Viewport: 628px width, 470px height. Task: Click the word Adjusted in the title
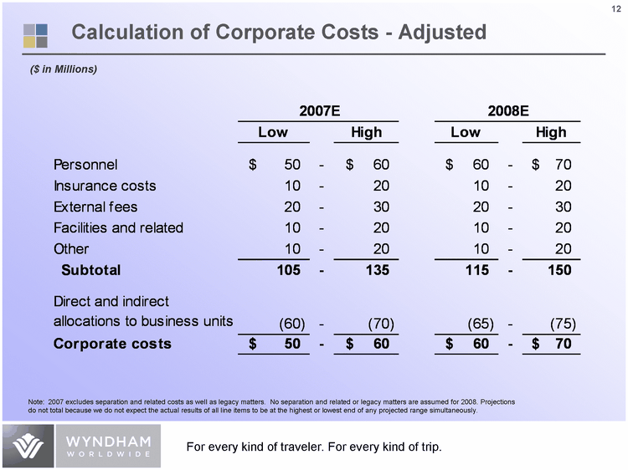[433, 33]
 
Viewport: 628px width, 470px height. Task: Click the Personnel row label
[85, 163]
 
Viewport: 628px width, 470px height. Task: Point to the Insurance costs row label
[105, 185]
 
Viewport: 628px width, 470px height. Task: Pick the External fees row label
[95, 207]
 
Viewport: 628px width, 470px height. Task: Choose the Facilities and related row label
[118, 227]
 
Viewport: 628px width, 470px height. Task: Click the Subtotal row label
[91, 270]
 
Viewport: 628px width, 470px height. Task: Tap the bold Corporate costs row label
[112, 344]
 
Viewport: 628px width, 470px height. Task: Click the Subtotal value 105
[288, 270]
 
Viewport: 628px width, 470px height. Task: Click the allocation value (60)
[284, 323]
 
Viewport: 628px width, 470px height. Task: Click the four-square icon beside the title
[35, 33]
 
